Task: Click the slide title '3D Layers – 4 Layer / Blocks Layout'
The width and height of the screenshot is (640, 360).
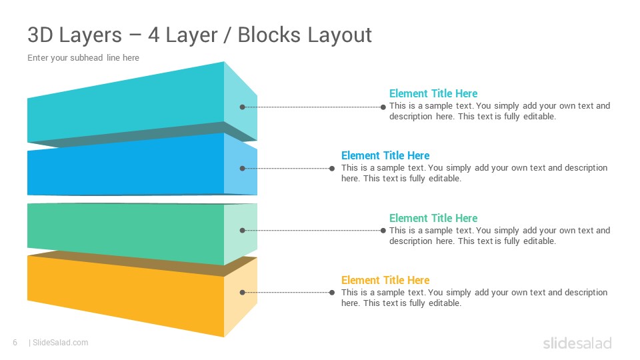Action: (x=199, y=35)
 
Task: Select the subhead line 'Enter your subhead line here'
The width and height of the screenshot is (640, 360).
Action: (x=83, y=58)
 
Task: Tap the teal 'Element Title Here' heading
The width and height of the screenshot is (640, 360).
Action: (x=433, y=93)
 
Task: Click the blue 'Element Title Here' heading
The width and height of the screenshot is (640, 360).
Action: (x=385, y=155)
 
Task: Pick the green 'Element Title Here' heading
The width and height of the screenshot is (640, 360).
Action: (x=433, y=218)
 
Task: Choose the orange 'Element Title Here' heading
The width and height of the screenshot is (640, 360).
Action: (x=385, y=280)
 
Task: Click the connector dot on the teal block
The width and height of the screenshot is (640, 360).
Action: (x=243, y=107)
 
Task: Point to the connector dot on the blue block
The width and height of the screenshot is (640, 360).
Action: (x=243, y=168)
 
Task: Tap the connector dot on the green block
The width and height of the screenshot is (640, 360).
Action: (x=243, y=230)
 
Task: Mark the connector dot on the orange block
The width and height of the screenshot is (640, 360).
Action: (x=243, y=292)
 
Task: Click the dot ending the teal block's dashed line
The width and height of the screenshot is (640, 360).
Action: (x=383, y=107)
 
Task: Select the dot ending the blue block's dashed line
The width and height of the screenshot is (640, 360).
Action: (x=332, y=168)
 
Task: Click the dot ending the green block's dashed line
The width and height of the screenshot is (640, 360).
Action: (x=383, y=230)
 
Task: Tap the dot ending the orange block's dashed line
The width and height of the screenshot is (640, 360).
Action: (x=332, y=292)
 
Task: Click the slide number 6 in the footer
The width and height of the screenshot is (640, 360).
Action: (x=15, y=343)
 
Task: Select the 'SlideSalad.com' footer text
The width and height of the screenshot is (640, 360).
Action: (x=61, y=343)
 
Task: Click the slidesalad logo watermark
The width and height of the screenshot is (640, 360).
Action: (x=577, y=343)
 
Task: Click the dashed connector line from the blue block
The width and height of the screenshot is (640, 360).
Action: (x=287, y=168)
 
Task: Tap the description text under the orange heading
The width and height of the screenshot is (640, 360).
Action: (x=474, y=297)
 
